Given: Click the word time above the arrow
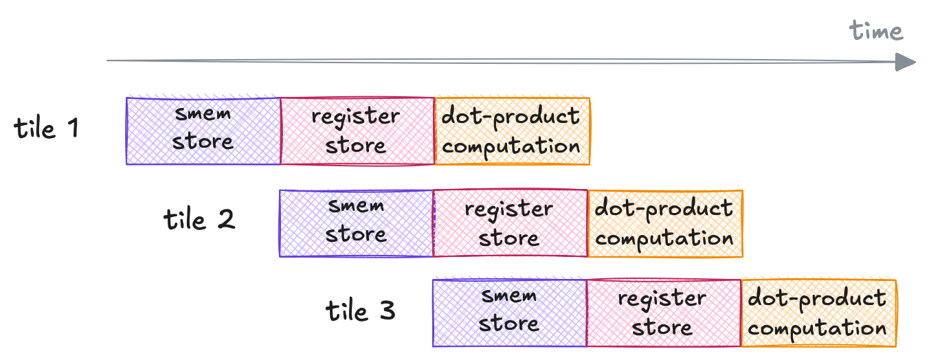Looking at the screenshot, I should coord(875,31).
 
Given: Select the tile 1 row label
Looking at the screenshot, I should coord(47,128).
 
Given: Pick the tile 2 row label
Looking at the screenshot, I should coord(199,220).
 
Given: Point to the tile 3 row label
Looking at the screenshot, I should coord(360,311).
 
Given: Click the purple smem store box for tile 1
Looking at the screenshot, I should coord(203,131).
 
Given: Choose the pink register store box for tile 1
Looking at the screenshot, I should coord(357,131).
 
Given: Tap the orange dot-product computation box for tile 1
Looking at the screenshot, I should coord(512,131).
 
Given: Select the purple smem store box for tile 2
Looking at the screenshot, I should coord(356,223).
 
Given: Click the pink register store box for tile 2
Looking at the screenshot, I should coord(510,223).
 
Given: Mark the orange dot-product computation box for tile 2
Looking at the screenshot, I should coord(665,223).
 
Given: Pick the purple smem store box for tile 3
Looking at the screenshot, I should coord(509,313).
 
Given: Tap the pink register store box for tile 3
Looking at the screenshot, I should coord(663,313).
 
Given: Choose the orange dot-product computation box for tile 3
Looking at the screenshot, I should coord(818,313).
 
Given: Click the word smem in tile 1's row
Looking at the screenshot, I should coord(203,113).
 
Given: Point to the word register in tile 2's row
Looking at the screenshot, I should coord(509,208).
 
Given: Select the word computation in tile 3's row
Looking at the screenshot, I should coord(818,328).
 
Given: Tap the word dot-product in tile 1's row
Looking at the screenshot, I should coord(511,116).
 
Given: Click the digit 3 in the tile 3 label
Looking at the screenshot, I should coord(386,311).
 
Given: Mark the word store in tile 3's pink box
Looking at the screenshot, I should coord(662,328).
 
